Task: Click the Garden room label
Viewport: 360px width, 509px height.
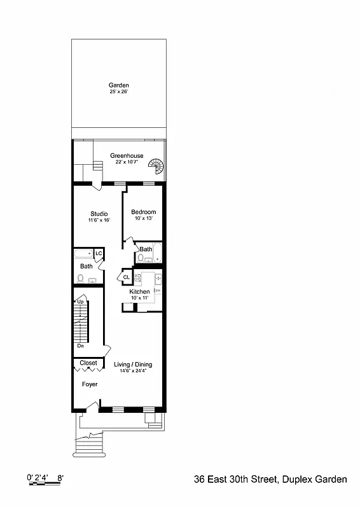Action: tap(119, 85)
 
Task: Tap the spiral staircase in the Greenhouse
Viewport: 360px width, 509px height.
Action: tap(156, 167)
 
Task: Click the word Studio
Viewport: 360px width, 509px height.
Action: tap(99, 214)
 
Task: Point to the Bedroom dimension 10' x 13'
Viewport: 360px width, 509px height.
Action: tap(143, 218)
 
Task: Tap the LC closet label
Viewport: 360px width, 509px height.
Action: tap(99, 253)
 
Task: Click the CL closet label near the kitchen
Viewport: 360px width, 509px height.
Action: tap(126, 277)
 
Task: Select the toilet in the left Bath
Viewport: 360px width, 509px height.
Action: tap(81, 278)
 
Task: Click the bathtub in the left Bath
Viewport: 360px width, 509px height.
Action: tap(83, 253)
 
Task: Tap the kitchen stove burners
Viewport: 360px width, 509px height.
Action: tap(137, 277)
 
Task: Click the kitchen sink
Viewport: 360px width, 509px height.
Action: tap(158, 278)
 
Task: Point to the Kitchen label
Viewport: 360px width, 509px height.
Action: tap(139, 292)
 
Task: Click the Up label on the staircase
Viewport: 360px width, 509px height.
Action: tap(81, 302)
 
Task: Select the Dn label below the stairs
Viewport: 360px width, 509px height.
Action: tap(81, 346)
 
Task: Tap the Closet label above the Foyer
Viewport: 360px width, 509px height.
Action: tap(88, 363)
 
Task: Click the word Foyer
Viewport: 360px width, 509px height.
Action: tap(90, 384)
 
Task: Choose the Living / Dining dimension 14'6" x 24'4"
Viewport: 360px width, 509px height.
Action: tap(133, 371)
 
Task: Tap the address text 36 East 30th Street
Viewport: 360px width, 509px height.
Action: tap(235, 479)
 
